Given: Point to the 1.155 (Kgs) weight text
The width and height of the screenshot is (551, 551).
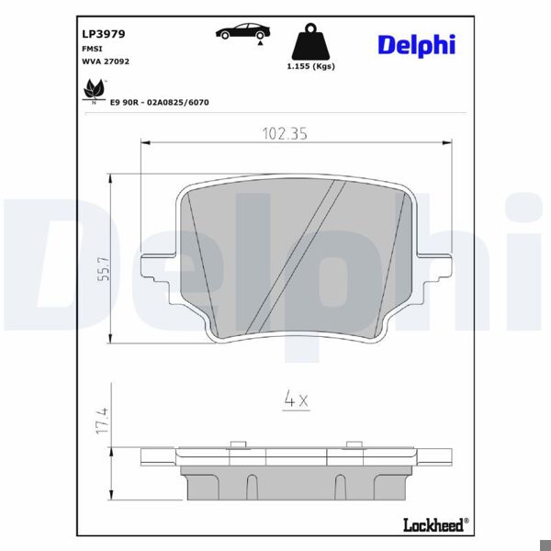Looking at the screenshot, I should click(x=309, y=67).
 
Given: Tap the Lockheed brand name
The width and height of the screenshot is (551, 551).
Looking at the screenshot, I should click(x=433, y=524).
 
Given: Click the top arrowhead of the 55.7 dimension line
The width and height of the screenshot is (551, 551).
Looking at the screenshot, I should click(x=110, y=177).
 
